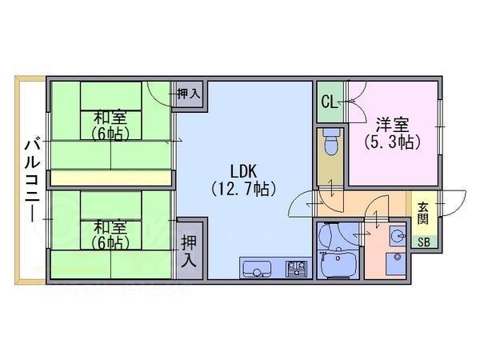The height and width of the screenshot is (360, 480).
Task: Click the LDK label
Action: coord(242,170)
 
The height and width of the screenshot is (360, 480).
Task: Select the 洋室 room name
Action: coord(393,125)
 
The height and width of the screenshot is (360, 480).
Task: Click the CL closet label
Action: coord(328,102)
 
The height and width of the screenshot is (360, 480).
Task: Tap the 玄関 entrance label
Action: coord(423,213)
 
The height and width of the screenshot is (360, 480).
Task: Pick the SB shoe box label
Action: coord(423,242)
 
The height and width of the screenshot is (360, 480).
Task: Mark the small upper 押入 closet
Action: coord(189,94)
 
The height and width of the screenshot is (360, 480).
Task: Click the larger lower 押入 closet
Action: coord(190,248)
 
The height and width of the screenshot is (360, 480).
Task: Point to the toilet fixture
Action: coord(330,145)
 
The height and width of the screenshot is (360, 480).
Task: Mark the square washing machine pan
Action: coord(394,263)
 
